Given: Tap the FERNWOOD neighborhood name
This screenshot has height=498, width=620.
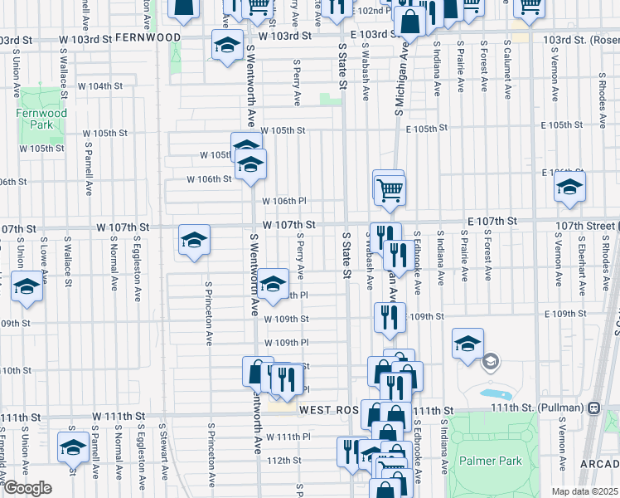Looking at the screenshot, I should (x=148, y=38).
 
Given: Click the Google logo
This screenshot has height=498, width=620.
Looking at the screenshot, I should (x=27, y=489).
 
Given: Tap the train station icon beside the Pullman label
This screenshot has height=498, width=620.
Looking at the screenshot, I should (x=594, y=409).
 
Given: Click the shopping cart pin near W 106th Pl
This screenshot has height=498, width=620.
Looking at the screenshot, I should (x=388, y=188).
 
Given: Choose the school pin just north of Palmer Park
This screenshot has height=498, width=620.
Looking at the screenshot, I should (x=467, y=343).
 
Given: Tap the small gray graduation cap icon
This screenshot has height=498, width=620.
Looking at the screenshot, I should (x=491, y=361).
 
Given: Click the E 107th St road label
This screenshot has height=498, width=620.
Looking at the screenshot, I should (x=492, y=222).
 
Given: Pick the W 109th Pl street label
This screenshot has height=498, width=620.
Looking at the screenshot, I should (x=287, y=343).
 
